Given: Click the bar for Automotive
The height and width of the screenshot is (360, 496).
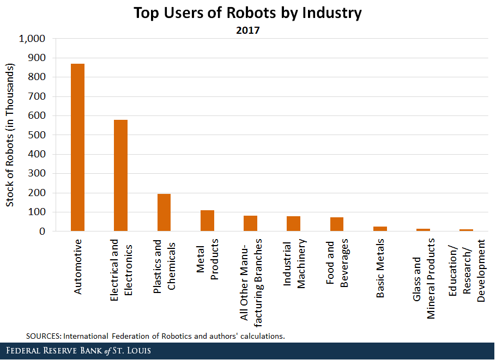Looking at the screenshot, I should click(77, 147).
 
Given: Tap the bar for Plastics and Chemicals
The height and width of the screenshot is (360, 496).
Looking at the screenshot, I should click(164, 212).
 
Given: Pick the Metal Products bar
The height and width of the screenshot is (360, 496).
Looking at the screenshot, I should click(207, 221).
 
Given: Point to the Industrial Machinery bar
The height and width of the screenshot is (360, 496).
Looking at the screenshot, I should click(293, 224).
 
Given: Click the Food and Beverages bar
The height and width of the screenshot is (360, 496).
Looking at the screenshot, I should click(337, 224).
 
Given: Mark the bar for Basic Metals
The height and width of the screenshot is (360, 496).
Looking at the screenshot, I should click(380, 229).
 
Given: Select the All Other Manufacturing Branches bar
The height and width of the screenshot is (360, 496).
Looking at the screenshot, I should click(250, 223).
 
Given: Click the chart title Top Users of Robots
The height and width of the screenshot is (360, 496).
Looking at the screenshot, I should click(248, 13).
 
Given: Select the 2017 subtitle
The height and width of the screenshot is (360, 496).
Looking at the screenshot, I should click(248, 30).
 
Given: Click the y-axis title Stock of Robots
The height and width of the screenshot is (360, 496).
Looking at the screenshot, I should click(10, 135).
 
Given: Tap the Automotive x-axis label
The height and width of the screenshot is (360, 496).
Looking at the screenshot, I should click(78, 266).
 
